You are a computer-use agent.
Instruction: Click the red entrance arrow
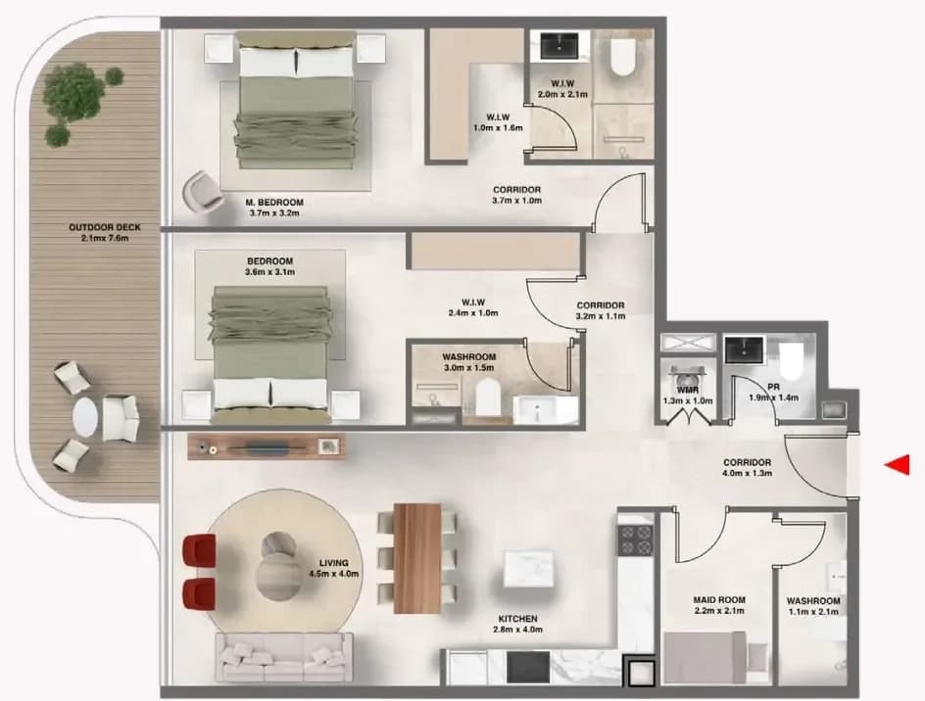click(x=898, y=465)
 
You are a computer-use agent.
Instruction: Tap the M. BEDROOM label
click(x=274, y=203)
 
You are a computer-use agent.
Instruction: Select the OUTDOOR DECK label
click(x=105, y=227)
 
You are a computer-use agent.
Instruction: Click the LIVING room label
click(x=334, y=562)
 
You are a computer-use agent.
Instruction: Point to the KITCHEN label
click(x=518, y=619)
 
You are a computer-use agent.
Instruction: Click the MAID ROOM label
click(x=719, y=599)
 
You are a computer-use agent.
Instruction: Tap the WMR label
click(x=688, y=390)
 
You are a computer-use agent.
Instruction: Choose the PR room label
click(x=774, y=387)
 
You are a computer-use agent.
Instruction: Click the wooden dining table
click(x=417, y=558)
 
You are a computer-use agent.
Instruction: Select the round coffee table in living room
click(x=278, y=566)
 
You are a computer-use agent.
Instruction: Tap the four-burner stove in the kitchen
click(x=635, y=539)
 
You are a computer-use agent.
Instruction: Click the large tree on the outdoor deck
click(x=73, y=93)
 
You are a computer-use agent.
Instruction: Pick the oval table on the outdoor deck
click(x=86, y=417)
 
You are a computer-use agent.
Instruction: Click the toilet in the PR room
click(x=792, y=361)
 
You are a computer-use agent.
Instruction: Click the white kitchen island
click(x=528, y=569)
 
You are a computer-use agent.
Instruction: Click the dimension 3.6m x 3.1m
click(x=270, y=272)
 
